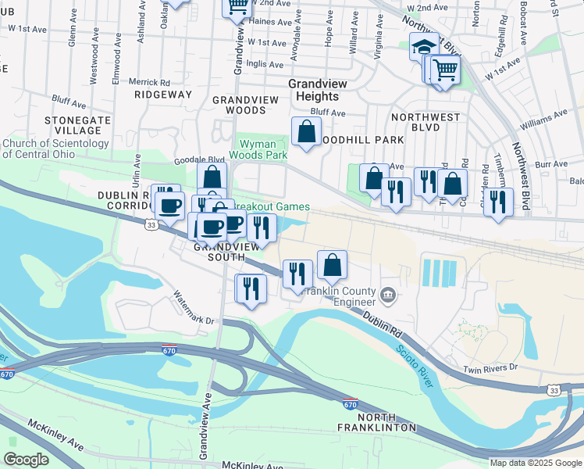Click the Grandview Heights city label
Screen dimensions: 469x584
[313, 89]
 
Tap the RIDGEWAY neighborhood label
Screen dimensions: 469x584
[162, 95]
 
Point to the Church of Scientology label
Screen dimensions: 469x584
[55, 149]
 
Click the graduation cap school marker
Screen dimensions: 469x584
[425, 47]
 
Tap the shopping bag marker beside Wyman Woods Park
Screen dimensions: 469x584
[306, 131]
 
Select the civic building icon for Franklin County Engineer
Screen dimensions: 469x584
[388, 295]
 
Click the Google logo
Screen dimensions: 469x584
[27, 460]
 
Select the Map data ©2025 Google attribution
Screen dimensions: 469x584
[535, 463]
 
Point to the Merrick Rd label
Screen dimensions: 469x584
[149, 82]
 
